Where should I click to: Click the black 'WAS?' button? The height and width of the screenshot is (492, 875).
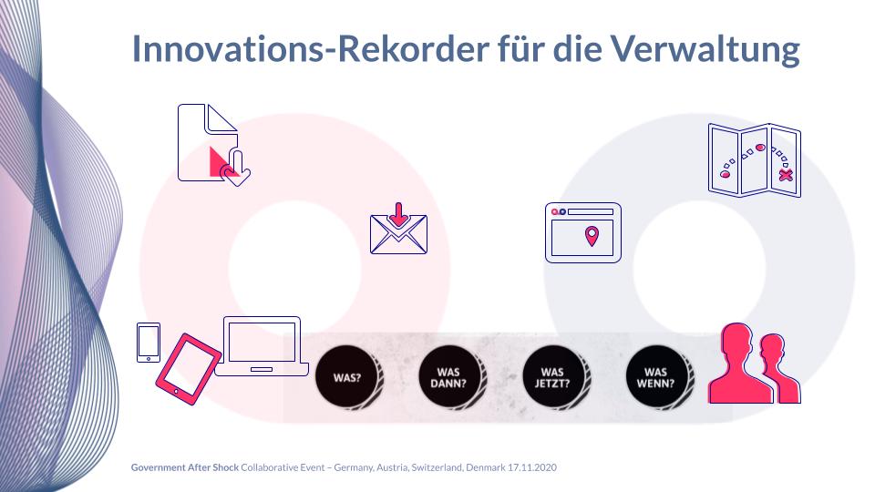348,377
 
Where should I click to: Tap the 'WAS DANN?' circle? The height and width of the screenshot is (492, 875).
451,377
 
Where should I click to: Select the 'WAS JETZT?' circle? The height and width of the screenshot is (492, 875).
555,377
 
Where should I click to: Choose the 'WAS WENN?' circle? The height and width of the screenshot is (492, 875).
658,377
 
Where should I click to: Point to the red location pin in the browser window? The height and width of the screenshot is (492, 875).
592,236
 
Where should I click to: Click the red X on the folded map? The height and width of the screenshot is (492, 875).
786,175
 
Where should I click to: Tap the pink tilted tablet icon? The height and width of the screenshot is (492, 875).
188,369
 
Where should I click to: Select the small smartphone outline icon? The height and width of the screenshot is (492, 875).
149,343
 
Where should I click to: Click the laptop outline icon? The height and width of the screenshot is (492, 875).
262,346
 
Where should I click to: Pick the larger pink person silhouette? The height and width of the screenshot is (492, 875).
740,363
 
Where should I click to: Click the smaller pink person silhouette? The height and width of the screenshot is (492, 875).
779,369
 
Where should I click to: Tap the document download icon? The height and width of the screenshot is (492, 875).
213,144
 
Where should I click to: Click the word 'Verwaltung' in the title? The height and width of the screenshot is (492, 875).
705,48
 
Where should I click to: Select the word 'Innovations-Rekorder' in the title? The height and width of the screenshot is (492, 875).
310,48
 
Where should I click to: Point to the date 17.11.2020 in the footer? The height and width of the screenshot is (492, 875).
531,467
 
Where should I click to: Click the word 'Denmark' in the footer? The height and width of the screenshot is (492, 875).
486,467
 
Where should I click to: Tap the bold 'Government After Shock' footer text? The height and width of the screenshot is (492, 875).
185,467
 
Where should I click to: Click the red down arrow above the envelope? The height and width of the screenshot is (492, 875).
398,215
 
